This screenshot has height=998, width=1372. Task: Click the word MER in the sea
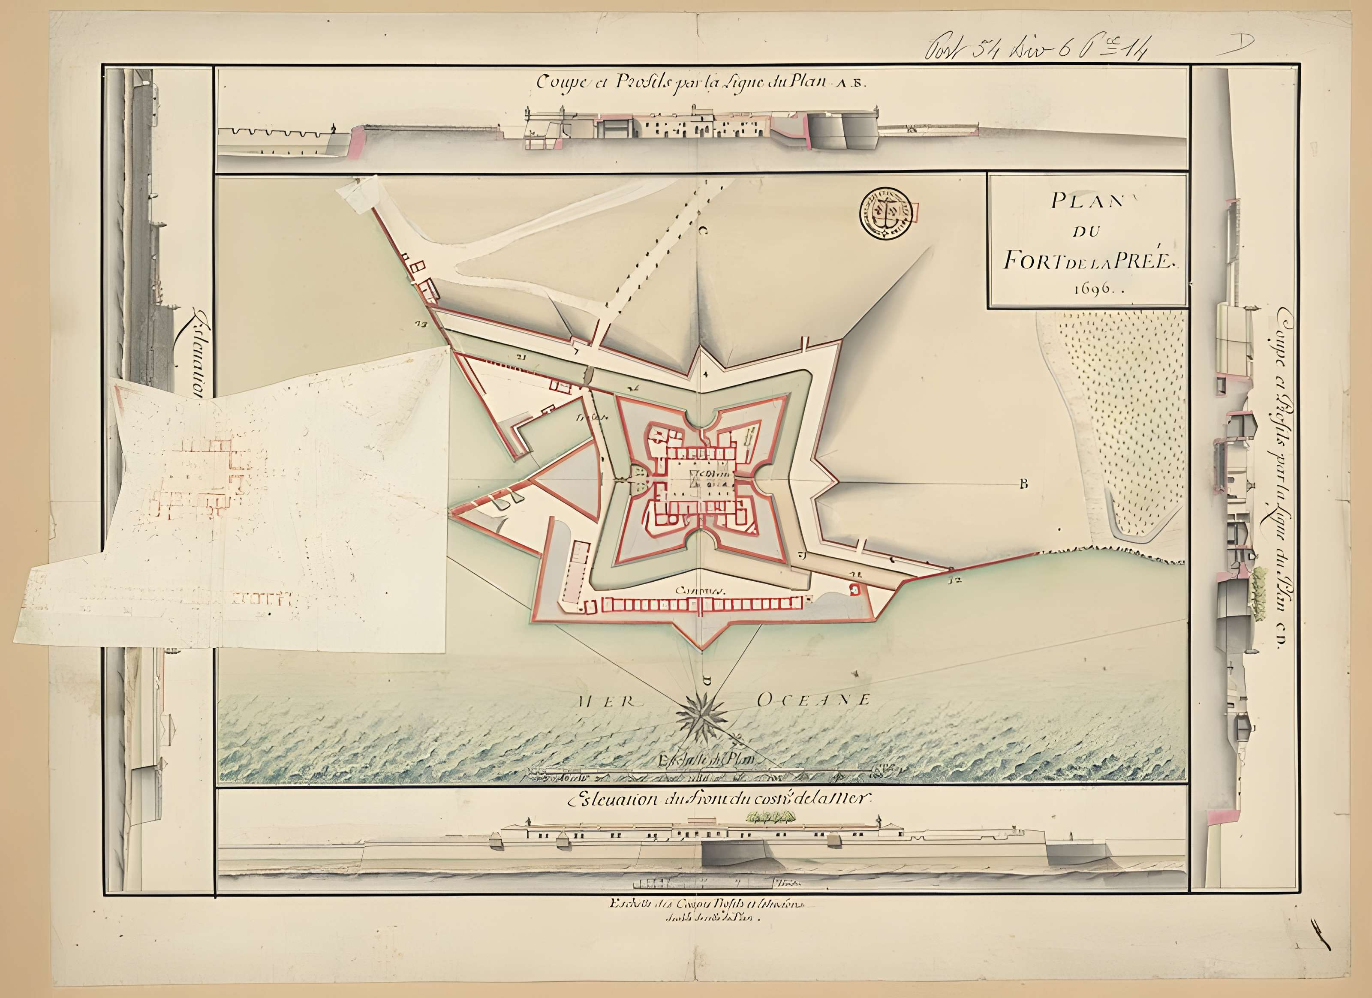tap(605, 702)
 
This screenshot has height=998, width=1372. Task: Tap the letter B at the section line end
tap(1023, 483)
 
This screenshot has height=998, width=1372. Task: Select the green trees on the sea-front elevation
tap(771, 818)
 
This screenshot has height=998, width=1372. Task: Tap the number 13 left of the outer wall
tap(421, 324)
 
